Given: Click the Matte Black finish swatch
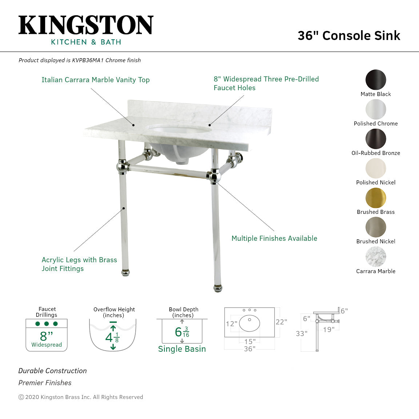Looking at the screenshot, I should pos(376,80).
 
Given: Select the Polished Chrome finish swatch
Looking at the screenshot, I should pos(376,109).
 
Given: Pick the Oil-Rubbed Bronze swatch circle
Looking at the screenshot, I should pos(376,139).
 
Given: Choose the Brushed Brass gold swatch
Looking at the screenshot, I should pos(376,198).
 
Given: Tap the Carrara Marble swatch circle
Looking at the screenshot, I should pos(376,257).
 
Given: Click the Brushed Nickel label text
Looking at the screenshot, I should pos(376,242).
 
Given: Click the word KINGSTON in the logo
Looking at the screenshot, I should pos(86,25).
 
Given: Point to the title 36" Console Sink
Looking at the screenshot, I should pos(349,36).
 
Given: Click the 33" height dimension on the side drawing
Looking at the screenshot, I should pos(302,334).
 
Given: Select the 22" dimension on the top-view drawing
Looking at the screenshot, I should pos(281,322).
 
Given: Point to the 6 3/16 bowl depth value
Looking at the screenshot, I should pos(182,332).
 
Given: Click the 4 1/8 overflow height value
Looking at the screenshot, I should pos(112,338).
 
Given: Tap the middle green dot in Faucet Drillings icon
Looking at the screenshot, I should pos(47,324).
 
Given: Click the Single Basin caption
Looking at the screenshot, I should pos(182,349).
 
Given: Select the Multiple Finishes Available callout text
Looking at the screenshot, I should pos(274,239).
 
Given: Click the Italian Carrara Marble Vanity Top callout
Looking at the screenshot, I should pos(95,80).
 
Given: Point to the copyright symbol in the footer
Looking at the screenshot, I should pos(21,397).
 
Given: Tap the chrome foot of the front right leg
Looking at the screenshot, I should pos(218,289).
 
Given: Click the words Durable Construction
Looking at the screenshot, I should pos(53,371).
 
